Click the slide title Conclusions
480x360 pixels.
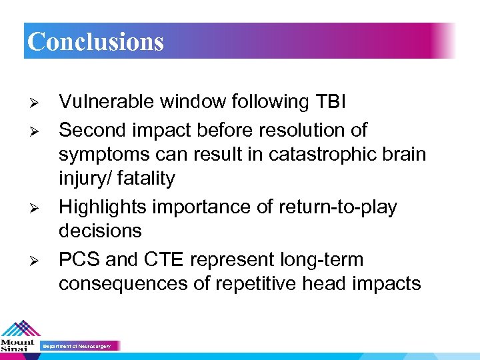click(95, 41)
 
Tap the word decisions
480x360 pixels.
click(100, 231)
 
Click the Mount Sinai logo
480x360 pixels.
click(19, 337)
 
